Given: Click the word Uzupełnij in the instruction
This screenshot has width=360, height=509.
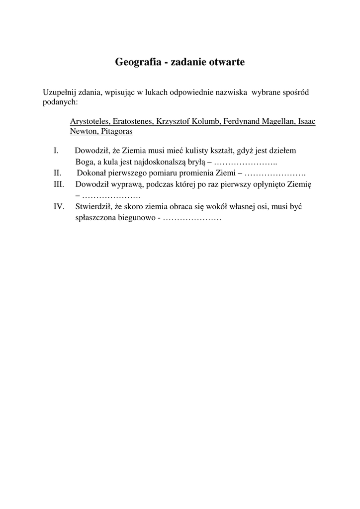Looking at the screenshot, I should tap(58, 92).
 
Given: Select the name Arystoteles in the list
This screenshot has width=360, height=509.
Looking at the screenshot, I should tap(90, 121).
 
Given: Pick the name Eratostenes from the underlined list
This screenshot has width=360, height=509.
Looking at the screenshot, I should tap(133, 121).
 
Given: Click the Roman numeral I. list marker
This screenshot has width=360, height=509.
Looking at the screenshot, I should tap(56, 151).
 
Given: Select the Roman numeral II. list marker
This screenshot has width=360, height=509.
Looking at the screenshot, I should tap(57, 173).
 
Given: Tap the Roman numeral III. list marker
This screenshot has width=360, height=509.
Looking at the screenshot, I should tap(59, 184).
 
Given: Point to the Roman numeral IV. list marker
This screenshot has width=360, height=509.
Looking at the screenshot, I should tap(59, 207).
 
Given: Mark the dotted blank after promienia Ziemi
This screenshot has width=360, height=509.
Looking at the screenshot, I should tap(275, 173).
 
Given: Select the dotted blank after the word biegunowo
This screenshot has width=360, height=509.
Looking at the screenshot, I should tap(192, 218).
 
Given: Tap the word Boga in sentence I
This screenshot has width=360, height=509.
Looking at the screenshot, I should tap(85, 162).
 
